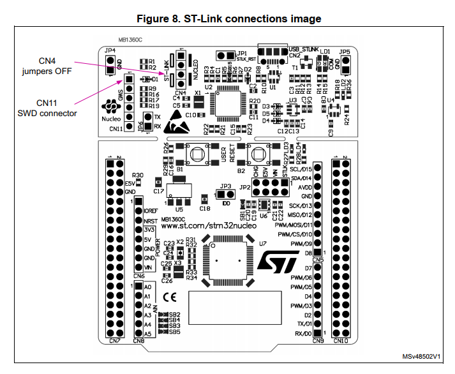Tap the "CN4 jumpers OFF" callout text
[54, 66]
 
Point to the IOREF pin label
[151, 211]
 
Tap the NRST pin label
[151, 220]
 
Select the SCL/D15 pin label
[300, 169]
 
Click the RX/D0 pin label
[304, 333]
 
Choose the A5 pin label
[147, 333]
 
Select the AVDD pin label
[305, 188]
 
